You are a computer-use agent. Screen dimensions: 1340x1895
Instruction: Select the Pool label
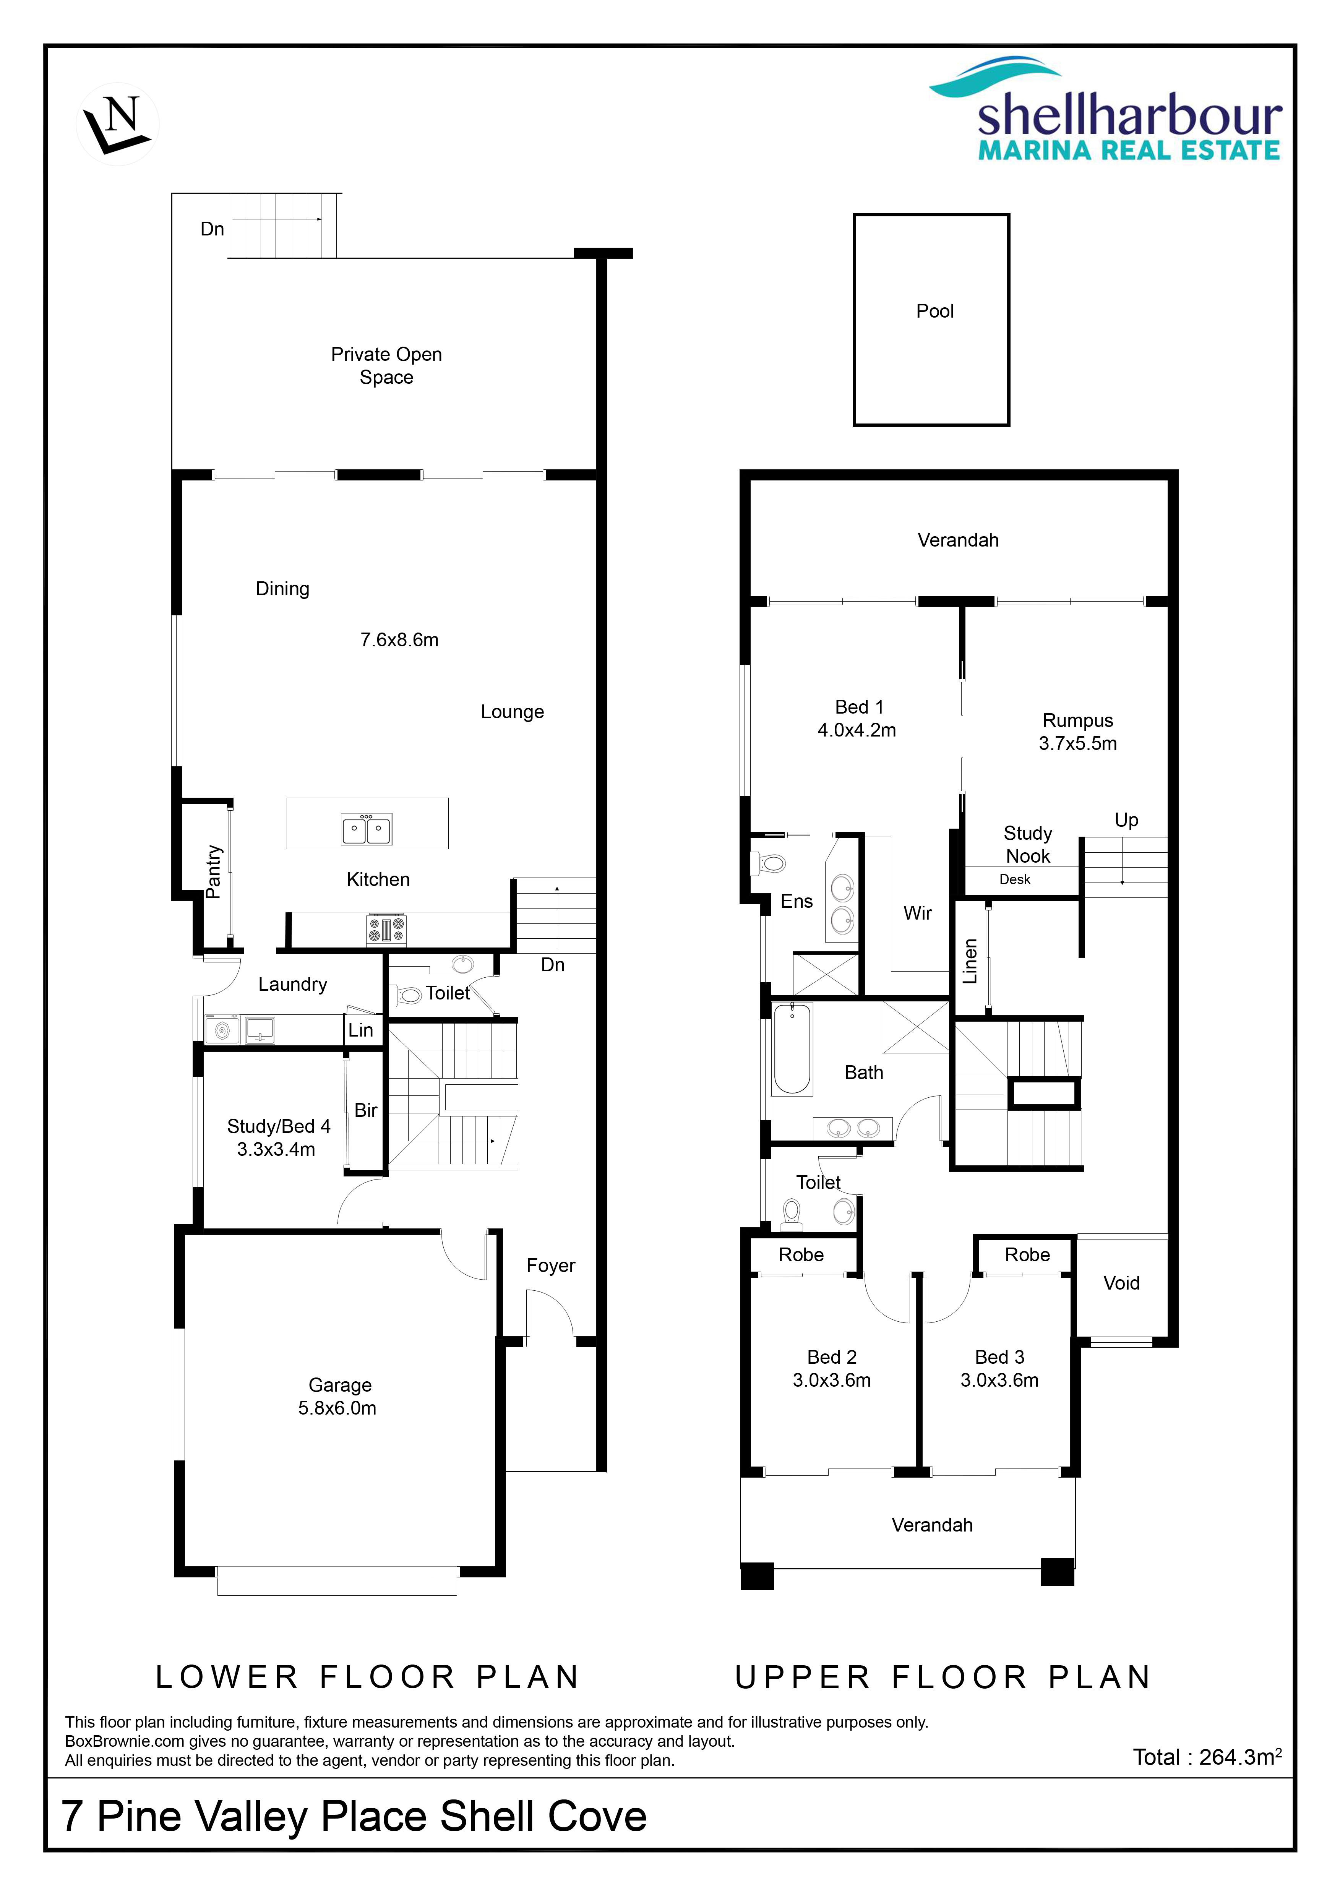[935, 311]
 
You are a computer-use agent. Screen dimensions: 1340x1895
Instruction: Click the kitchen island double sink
[367, 829]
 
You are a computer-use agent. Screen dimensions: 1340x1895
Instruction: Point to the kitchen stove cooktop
[386, 929]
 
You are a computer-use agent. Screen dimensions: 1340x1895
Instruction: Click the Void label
[1121, 1283]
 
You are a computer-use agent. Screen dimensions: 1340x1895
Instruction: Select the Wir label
[918, 913]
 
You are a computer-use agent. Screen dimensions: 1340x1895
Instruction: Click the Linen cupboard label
[970, 962]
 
